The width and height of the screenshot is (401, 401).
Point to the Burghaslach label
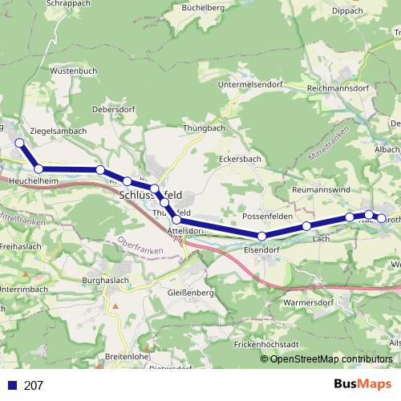click(107, 281)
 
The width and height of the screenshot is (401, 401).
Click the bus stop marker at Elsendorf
click(261, 236)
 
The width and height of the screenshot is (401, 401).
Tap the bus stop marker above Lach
click(307, 226)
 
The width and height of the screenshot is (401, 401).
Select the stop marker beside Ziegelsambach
click(19, 144)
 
